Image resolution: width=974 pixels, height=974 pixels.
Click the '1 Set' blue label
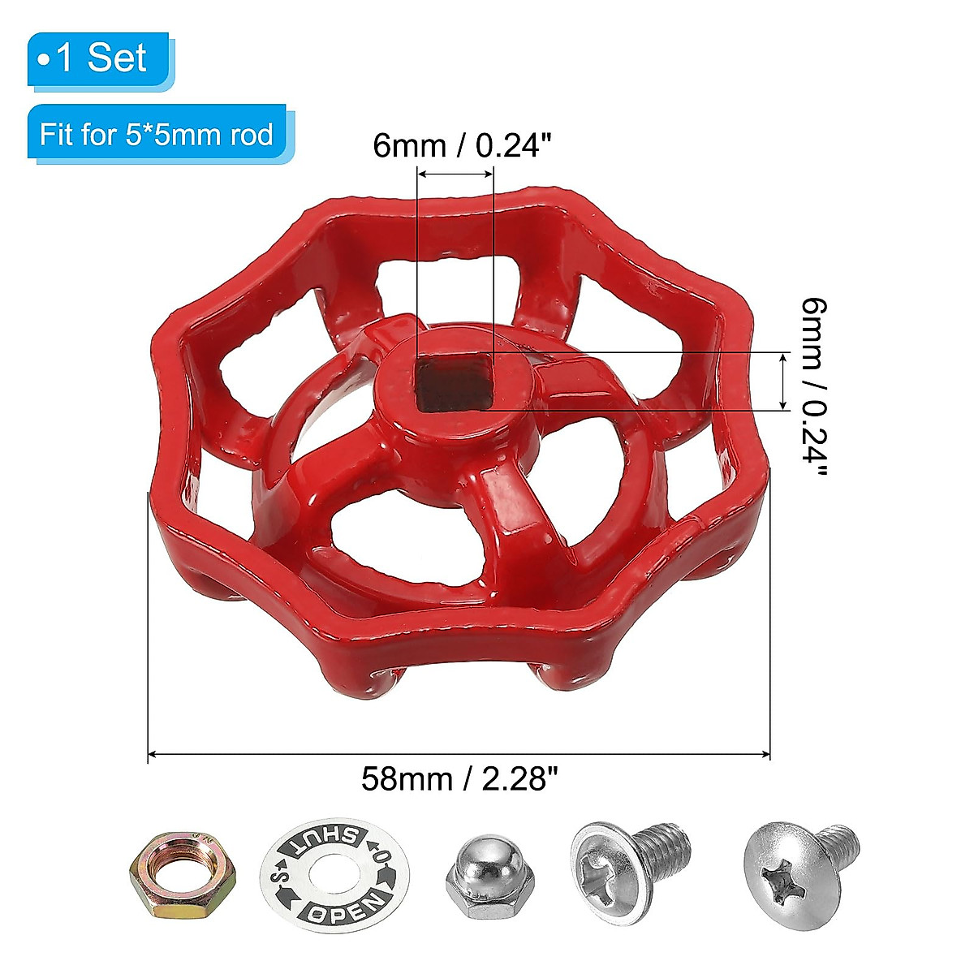pos(98,59)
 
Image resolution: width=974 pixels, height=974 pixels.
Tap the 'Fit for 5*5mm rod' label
pos(157,134)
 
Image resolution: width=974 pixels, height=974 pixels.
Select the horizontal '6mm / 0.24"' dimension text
pos(463,146)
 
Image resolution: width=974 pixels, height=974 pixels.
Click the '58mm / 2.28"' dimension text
pos(460,779)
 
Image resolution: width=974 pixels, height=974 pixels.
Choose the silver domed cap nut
pos(483,878)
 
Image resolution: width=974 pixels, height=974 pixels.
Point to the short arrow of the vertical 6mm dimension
pos(783,381)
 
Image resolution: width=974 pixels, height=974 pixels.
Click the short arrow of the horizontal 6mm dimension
pos(455,174)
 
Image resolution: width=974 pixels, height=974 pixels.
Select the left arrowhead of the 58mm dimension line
pos(152,755)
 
